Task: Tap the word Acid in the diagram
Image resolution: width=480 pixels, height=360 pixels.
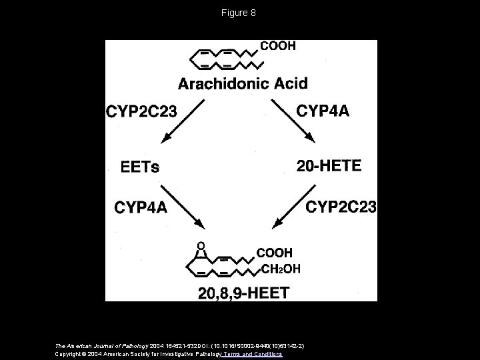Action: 291,84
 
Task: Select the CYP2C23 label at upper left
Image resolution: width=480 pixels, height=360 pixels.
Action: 142,111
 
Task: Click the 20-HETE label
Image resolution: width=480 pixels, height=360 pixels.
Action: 330,166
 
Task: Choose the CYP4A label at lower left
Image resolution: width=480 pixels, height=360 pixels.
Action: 141,208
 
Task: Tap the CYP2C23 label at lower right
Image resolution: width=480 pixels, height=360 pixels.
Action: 341,207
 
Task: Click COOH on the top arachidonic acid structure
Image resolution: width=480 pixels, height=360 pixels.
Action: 277,47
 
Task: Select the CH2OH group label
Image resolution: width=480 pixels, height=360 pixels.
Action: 280,269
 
